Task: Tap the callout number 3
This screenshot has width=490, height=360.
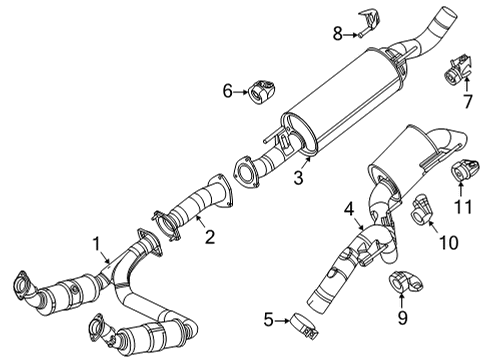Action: pyautogui.click(x=297, y=178)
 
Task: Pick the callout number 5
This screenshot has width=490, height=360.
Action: pyautogui.click(x=267, y=321)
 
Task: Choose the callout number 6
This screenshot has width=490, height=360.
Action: pyautogui.click(x=227, y=92)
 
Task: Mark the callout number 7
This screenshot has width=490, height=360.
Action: pyautogui.click(x=466, y=101)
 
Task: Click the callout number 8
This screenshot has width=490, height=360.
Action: pyautogui.click(x=337, y=34)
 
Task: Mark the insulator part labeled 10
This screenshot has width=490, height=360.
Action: pyautogui.click(x=423, y=209)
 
